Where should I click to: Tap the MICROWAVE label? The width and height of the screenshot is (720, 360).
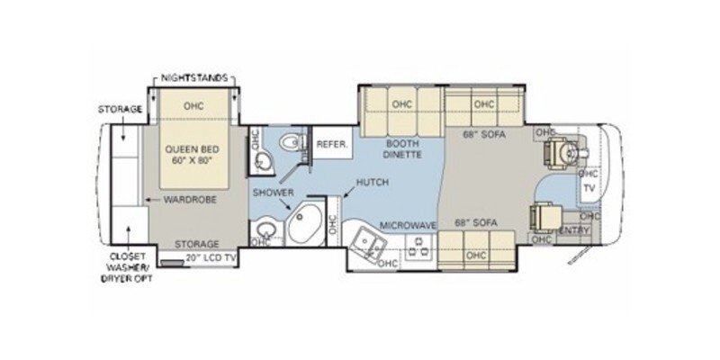click(x=402, y=224)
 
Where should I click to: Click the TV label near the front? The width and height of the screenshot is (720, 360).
click(x=589, y=189)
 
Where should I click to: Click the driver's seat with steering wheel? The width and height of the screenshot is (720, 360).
click(x=561, y=151)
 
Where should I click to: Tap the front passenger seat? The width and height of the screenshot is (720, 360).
click(x=546, y=217)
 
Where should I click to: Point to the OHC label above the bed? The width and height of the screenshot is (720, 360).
click(x=194, y=105)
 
